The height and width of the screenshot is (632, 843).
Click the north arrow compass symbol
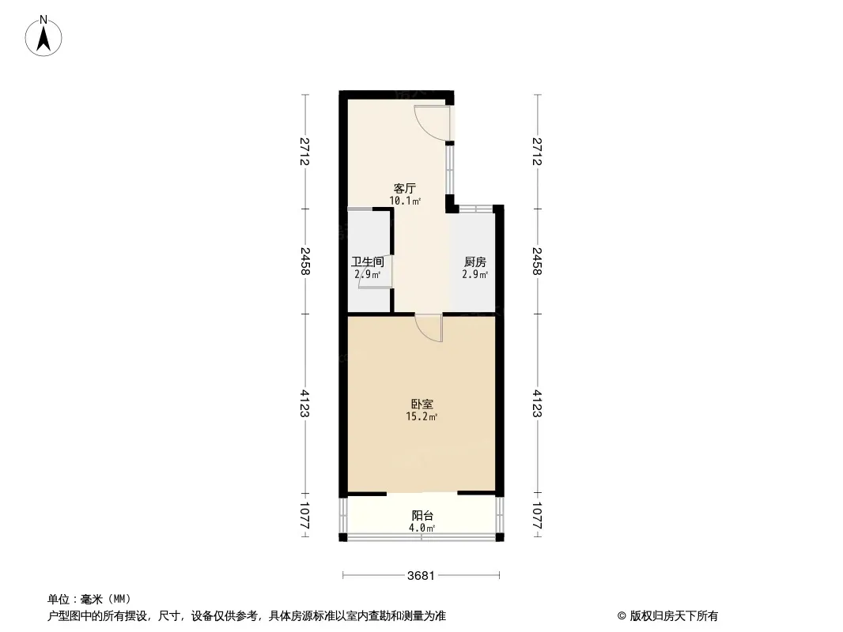coord(43,36)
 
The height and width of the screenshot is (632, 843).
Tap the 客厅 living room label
coord(405,189)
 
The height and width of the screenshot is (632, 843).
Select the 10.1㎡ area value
coord(405,201)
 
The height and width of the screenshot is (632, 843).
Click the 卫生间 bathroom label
coord(368,262)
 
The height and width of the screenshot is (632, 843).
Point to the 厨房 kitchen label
coord(475,262)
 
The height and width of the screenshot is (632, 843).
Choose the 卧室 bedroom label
coord(422,404)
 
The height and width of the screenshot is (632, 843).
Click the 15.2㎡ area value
coord(422,416)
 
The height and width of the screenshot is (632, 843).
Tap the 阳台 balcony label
coord(422,516)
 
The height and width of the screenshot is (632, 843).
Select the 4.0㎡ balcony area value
coord(422,528)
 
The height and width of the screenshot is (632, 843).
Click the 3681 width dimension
coord(421,576)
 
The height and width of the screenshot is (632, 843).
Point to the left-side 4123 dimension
coord(304,403)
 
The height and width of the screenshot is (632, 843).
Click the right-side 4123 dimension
coord(537,403)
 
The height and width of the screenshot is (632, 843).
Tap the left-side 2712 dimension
coord(304,152)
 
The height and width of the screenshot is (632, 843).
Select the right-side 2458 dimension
coord(537,261)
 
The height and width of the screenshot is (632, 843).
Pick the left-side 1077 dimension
coord(304,516)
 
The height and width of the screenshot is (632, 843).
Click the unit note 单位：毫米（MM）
coord(89,599)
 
